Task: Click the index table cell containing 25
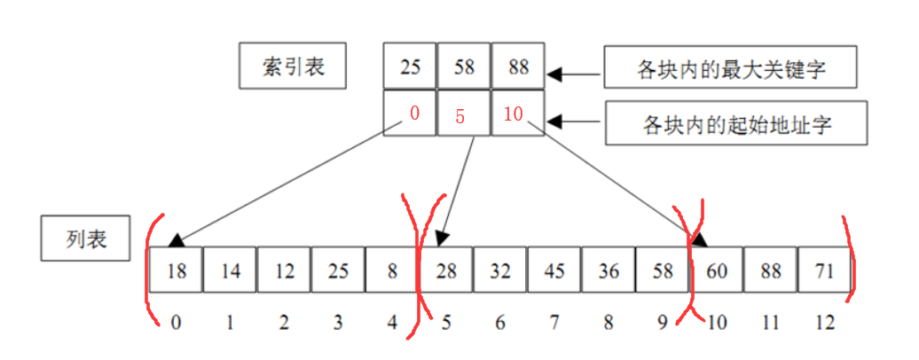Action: point(410,67)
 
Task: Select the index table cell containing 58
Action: point(464,67)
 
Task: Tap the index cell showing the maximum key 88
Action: point(518,67)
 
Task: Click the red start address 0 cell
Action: point(410,113)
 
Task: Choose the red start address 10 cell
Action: point(518,113)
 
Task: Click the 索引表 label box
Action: point(293,67)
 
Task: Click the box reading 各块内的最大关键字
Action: point(731,68)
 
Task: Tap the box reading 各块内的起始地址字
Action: point(736,124)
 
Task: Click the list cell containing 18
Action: point(176,270)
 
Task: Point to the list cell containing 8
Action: point(392,270)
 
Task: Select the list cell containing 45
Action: point(554,270)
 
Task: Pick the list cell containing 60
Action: point(717,270)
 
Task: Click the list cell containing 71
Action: point(825,270)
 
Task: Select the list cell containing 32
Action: point(500,270)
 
